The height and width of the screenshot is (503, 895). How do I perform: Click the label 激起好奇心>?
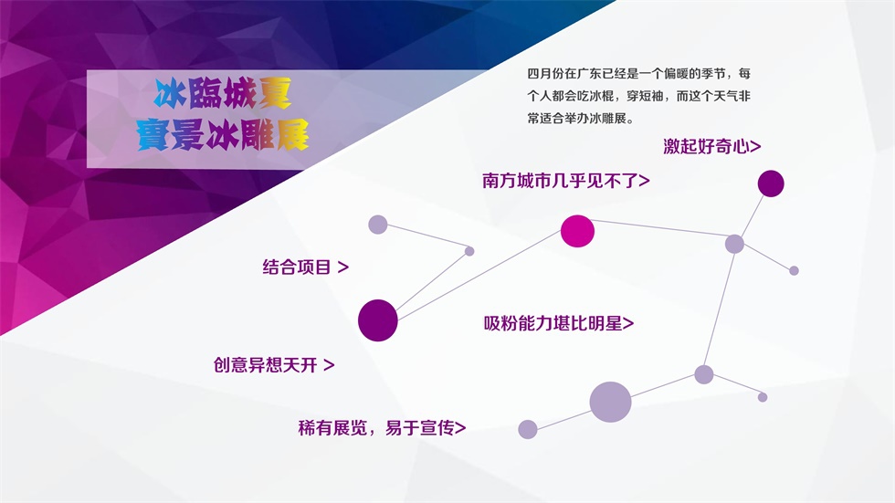coord(711,147)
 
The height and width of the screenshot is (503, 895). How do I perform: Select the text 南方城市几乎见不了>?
coord(565,181)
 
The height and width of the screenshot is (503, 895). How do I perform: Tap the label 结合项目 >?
coord(305,267)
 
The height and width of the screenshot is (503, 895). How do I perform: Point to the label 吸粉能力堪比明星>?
coord(559,323)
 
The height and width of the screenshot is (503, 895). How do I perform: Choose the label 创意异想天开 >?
coord(274,365)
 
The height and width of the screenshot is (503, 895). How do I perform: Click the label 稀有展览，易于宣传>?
coord(382,428)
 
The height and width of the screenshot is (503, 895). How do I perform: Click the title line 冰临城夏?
coord(223,93)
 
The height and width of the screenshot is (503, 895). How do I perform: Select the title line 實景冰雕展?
coord(223,135)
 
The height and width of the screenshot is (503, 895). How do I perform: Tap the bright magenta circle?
coord(577,231)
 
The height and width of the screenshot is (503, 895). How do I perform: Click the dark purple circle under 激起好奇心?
coord(771,183)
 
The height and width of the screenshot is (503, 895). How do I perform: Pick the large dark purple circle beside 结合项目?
coord(378,320)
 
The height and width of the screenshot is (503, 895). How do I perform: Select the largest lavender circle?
coord(610,402)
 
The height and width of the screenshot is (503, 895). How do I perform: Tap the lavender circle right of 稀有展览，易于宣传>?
coord(528,429)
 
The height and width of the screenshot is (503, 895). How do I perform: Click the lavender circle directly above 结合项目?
coord(378,225)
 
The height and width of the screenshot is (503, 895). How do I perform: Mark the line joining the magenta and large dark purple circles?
coord(479,276)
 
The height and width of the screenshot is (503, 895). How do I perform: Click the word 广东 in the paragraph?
coord(589,74)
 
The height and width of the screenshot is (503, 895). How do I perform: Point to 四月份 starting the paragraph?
coord(545,74)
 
